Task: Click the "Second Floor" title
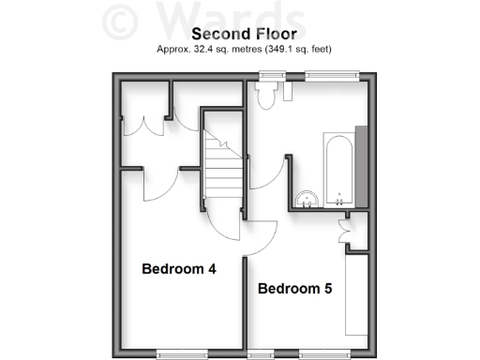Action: click(239, 33)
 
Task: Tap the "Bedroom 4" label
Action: click(179, 269)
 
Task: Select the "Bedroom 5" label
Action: click(294, 289)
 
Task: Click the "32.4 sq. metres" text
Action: click(221, 48)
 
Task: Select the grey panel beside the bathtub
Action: click(361, 165)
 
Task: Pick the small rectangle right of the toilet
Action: click(287, 92)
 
